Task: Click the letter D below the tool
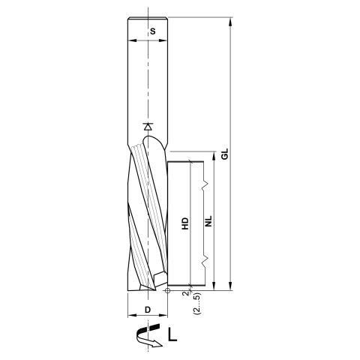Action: coord(148,309)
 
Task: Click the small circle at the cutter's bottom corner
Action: coord(168,289)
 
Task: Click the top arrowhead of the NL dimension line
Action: coord(216,164)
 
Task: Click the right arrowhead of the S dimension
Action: coord(172,40)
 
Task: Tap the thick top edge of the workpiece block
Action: coord(186,161)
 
